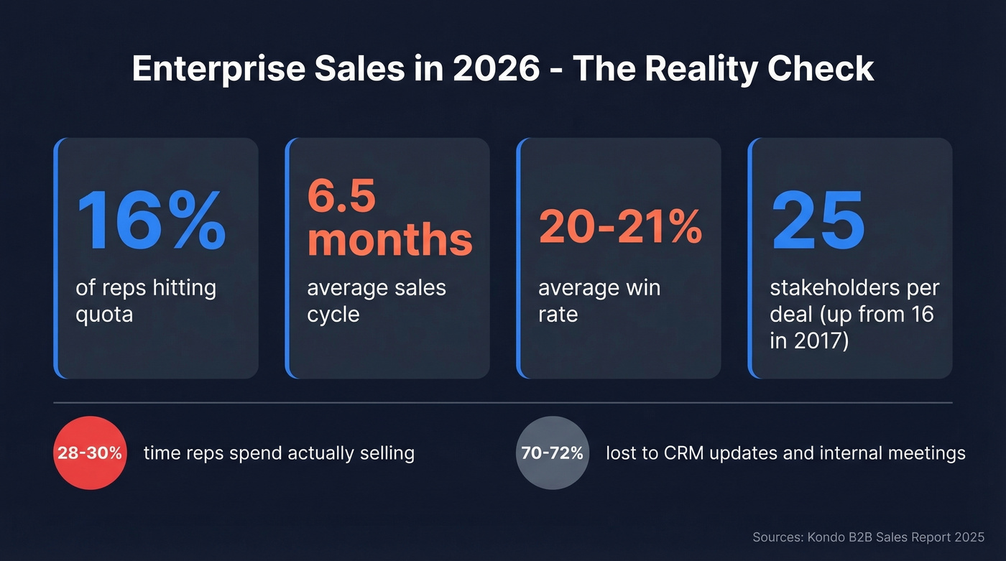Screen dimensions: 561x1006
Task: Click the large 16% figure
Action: [x=151, y=219]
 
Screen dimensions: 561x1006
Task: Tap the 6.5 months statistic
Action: [x=389, y=217]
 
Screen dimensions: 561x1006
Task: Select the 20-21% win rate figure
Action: [x=620, y=228]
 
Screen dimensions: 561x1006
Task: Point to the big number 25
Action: [x=818, y=219]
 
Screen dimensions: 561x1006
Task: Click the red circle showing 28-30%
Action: [x=91, y=453]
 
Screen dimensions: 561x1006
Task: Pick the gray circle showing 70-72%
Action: [x=553, y=453]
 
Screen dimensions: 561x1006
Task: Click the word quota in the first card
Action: [x=104, y=314]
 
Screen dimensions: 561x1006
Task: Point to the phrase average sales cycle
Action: [x=377, y=301]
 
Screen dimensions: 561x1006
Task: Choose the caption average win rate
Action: [x=599, y=301]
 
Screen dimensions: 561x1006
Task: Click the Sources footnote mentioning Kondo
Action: [x=868, y=537]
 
